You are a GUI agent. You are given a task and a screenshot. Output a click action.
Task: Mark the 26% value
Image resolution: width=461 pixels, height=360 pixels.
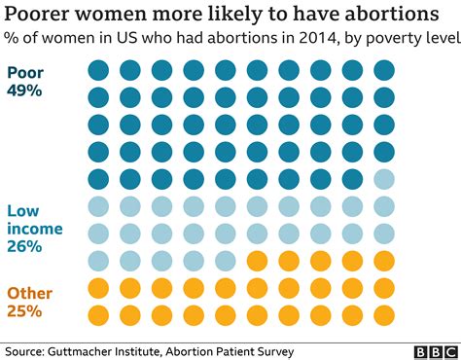(24, 247)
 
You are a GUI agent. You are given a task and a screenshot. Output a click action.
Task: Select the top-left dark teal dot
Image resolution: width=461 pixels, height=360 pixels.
(98, 70)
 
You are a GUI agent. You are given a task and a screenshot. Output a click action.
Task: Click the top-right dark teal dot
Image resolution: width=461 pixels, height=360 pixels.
(384, 70)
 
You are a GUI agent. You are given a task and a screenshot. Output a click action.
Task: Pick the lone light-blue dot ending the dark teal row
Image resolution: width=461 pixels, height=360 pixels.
(384, 179)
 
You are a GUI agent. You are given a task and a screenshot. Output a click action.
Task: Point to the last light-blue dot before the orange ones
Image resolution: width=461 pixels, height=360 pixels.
(226, 261)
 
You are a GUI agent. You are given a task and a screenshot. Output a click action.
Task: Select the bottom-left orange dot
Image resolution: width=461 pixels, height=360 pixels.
(98, 315)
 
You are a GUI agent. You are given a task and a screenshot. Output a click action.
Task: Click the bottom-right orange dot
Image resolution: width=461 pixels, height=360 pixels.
(384, 315)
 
